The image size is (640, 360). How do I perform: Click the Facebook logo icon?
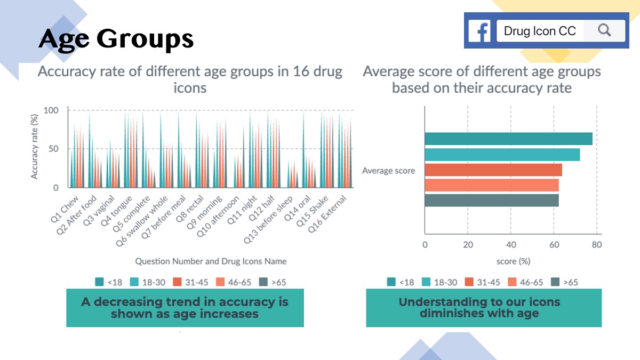click(480, 31)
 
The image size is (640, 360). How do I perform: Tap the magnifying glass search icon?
click(604, 30)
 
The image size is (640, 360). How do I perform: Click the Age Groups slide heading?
click(116, 39)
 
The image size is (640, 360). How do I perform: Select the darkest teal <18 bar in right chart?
click(508, 139)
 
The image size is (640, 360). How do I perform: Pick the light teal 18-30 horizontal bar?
click(502, 155)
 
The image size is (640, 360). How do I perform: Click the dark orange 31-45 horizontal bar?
click(493, 170)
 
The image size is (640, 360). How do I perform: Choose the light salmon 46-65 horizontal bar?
click(492, 185)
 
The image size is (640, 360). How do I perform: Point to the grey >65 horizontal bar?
click(492, 200)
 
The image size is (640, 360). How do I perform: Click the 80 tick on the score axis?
click(596, 245)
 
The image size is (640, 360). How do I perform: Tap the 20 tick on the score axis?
click(467, 245)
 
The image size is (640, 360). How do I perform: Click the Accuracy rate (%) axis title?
click(35, 145)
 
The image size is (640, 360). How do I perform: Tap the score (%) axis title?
click(513, 261)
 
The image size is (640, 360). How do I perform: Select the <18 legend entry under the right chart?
click(399, 282)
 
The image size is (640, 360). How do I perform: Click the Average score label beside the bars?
click(388, 171)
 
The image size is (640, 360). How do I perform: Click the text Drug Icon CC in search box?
click(540, 31)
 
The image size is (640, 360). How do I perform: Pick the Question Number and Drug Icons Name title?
click(211, 261)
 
